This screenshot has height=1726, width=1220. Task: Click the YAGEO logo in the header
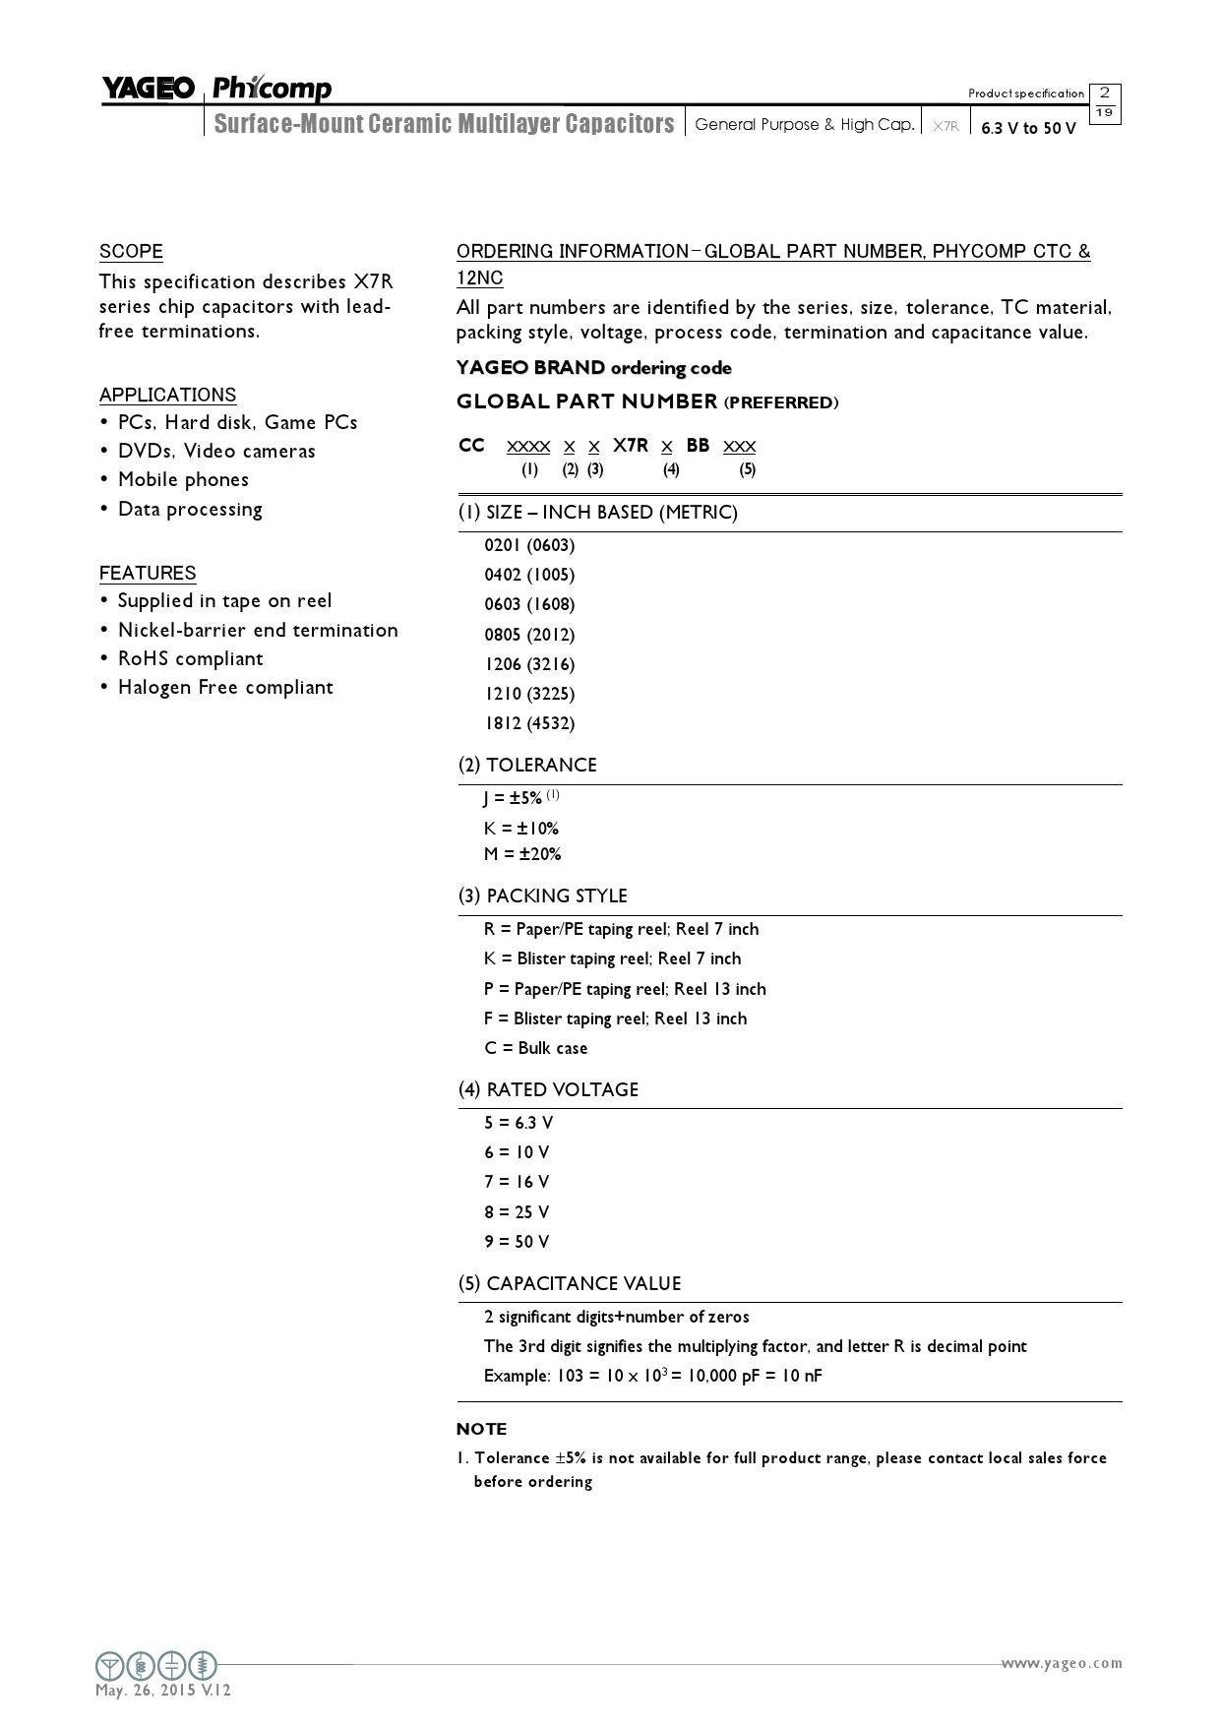149,90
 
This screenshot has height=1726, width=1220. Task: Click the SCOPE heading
131,251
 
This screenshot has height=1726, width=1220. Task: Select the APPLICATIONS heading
167,395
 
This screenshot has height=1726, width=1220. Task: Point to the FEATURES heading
148,573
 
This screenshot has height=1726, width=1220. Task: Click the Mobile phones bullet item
183,479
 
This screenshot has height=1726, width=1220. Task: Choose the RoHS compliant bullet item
190,658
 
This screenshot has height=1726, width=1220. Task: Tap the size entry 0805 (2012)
529,634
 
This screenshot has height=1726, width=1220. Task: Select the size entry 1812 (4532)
529,723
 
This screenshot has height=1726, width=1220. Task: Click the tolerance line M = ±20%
522,854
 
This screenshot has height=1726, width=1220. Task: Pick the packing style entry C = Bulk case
535,1048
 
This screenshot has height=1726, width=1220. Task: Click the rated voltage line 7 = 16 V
517,1182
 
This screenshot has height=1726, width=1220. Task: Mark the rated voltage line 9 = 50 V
517,1242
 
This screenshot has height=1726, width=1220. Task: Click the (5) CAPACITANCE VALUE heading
570,1283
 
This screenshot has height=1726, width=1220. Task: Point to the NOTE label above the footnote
482,1429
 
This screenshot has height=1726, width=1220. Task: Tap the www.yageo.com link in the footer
1062,1663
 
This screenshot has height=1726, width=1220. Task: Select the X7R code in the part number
631,446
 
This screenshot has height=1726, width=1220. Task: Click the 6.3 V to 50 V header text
1028,128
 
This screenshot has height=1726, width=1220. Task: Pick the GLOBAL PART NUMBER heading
587,401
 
